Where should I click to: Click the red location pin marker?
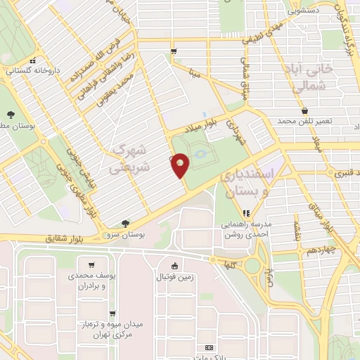click(180, 164)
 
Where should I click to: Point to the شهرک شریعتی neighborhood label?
click(129, 160)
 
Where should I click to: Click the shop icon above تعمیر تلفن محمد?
click(304, 110)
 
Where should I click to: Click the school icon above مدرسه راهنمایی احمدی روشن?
click(246, 213)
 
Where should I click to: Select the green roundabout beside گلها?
click(252, 264)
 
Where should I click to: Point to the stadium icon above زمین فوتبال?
click(174, 265)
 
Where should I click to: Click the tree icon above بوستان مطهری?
click(10, 115)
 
